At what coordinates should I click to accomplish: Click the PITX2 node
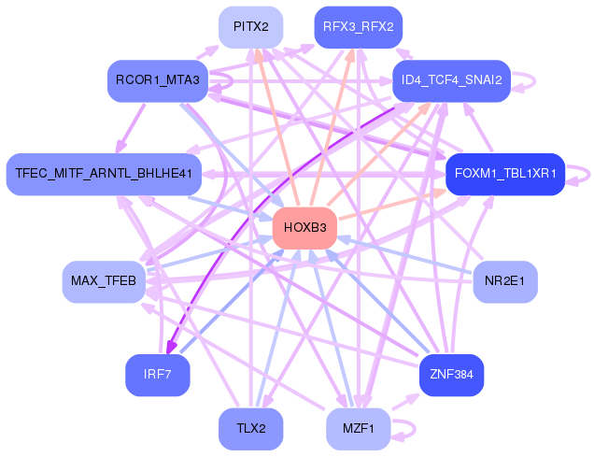point(251,27)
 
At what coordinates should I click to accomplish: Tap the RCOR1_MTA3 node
point(157,80)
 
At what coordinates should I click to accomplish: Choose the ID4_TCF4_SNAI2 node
point(451,80)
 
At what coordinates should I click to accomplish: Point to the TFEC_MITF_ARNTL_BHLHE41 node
point(104,174)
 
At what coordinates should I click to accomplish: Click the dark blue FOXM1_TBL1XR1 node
point(504,174)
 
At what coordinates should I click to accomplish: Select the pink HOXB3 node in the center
point(304,228)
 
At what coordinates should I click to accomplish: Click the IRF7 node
point(157,375)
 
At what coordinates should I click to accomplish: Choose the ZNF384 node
point(451,375)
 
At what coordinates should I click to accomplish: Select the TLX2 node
point(251,429)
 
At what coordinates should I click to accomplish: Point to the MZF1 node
point(359,429)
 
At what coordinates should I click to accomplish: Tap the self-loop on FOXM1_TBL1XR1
point(581,174)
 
